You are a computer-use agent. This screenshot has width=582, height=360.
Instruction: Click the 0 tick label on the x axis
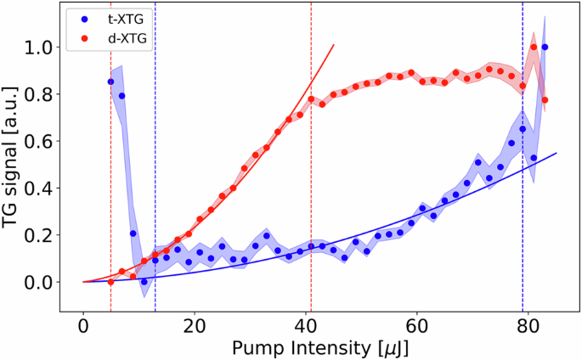[83, 325]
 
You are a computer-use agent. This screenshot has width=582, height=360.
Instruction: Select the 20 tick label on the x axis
[195, 325]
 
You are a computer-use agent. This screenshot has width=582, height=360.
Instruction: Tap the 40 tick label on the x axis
[306, 325]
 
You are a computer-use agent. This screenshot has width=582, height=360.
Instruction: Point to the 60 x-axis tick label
[416, 325]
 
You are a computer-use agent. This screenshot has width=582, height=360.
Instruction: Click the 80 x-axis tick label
[528, 325]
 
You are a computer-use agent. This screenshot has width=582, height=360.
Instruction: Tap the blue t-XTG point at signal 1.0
[545, 48]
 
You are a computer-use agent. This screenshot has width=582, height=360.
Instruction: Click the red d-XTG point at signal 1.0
[534, 48]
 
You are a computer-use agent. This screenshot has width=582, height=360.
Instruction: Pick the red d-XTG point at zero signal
[111, 282]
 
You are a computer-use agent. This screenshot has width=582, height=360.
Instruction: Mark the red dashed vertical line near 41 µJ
[311, 212]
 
